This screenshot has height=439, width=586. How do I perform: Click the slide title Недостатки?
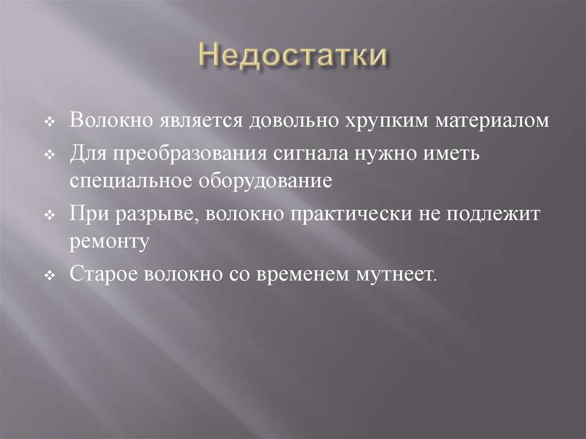(293, 59)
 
